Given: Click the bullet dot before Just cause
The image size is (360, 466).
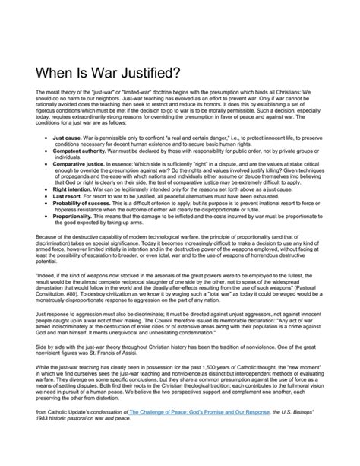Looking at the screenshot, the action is coord(46,139).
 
